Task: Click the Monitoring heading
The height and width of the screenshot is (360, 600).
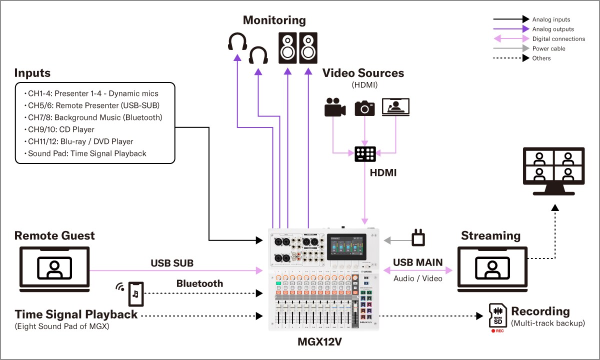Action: pyautogui.click(x=274, y=20)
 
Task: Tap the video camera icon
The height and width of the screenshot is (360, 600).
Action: pyautogui.click(x=335, y=107)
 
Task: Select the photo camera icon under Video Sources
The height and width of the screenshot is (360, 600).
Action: pyautogui.click(x=364, y=108)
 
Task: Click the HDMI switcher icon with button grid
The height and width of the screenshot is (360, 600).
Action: pyautogui.click(x=365, y=154)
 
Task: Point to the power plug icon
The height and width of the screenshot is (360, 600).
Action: pyautogui.click(x=417, y=239)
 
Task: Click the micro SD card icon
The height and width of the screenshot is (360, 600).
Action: pyautogui.click(x=497, y=314)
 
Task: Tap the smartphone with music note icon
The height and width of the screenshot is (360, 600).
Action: pyautogui.click(x=135, y=293)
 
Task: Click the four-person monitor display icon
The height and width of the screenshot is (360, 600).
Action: pyautogui.click(x=553, y=171)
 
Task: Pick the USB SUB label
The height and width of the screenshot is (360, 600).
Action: pyautogui.click(x=172, y=263)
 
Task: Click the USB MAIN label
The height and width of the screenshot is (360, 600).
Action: pyautogui.click(x=417, y=262)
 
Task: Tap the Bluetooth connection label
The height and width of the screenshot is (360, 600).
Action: pyautogui.click(x=199, y=283)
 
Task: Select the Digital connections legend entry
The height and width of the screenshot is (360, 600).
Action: pyautogui.click(x=558, y=39)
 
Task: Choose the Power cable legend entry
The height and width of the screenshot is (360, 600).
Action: pyautogui.click(x=548, y=48)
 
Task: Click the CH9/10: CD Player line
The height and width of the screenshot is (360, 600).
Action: pyautogui.click(x=61, y=129)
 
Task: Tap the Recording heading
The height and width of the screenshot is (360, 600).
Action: pyautogui.click(x=540, y=311)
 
